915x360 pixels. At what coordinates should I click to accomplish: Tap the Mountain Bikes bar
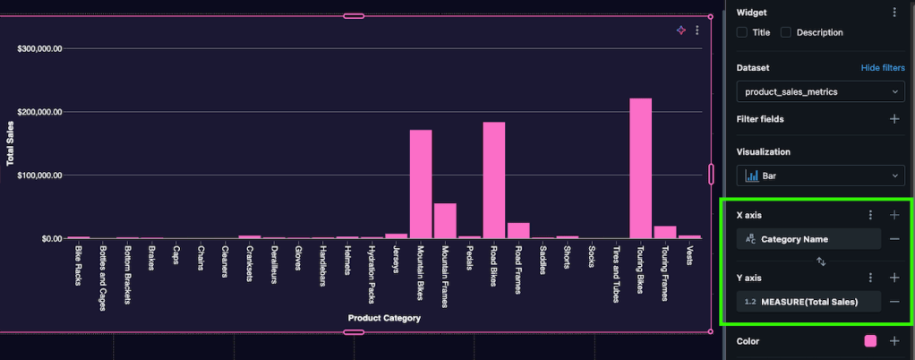pyautogui.click(x=421, y=184)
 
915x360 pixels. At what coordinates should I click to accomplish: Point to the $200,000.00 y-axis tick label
pyautogui.click(x=38, y=112)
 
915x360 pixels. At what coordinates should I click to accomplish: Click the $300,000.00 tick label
pyautogui.click(x=38, y=48)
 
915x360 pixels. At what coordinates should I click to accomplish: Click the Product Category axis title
pyautogui.click(x=384, y=318)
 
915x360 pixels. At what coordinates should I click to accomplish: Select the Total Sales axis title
pyautogui.click(x=11, y=143)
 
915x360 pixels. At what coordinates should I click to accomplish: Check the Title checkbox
pyautogui.click(x=741, y=32)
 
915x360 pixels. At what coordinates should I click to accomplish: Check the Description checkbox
pyautogui.click(x=785, y=32)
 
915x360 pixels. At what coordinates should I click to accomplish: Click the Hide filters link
pyautogui.click(x=882, y=67)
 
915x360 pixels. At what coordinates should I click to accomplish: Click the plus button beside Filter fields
pyautogui.click(x=894, y=118)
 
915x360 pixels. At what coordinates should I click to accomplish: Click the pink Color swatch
pyautogui.click(x=869, y=341)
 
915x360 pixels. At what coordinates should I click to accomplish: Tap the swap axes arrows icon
pyautogui.click(x=820, y=261)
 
